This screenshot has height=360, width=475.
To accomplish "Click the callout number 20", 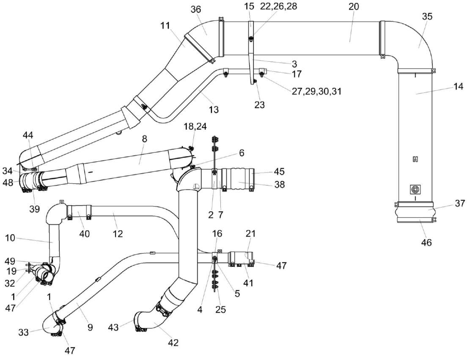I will tap(354, 7).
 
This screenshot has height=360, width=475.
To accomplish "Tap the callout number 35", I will tap(428, 17).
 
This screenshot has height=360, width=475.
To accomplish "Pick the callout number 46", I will tap(427, 242).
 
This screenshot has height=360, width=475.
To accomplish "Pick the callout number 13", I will tap(214, 110).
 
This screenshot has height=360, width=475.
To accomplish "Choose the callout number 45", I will tap(279, 171).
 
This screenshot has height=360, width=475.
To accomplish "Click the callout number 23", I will tap(259, 104).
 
